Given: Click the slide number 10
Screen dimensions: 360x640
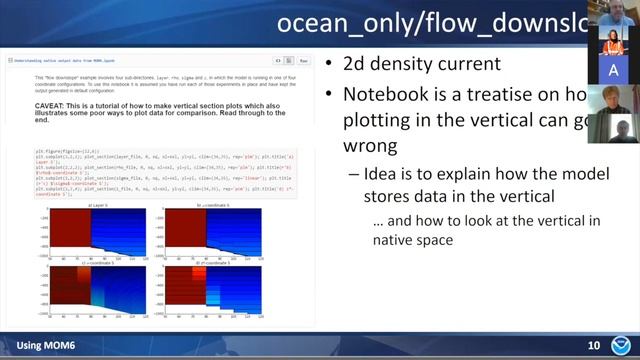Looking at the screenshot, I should [593, 346].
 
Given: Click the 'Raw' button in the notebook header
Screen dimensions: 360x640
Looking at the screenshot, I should [303, 61].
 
